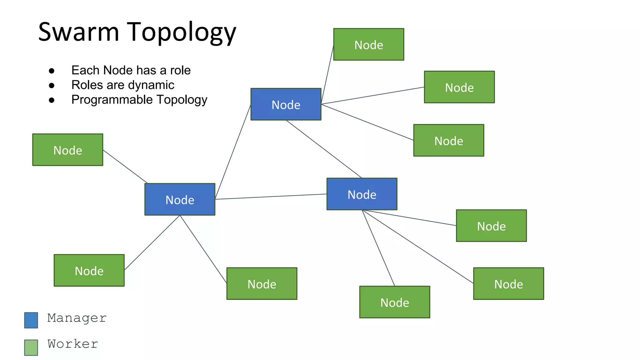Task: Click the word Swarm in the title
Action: (x=78, y=32)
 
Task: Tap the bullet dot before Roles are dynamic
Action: (x=52, y=85)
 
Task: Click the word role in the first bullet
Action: (x=180, y=70)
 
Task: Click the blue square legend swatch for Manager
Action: (x=31, y=320)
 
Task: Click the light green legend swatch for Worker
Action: (x=31, y=347)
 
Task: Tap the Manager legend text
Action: (x=77, y=318)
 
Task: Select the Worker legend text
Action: (x=73, y=344)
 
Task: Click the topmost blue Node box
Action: (x=286, y=104)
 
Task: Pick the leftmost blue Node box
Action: (x=180, y=199)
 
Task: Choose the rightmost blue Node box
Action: (x=362, y=194)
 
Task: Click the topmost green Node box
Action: (x=368, y=44)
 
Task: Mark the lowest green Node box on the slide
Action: (x=394, y=302)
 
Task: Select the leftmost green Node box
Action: (x=67, y=150)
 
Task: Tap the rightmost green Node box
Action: (x=508, y=283)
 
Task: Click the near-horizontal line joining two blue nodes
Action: (x=271, y=197)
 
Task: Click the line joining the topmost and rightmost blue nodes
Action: (x=324, y=149)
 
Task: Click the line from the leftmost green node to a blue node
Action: (x=125, y=167)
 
